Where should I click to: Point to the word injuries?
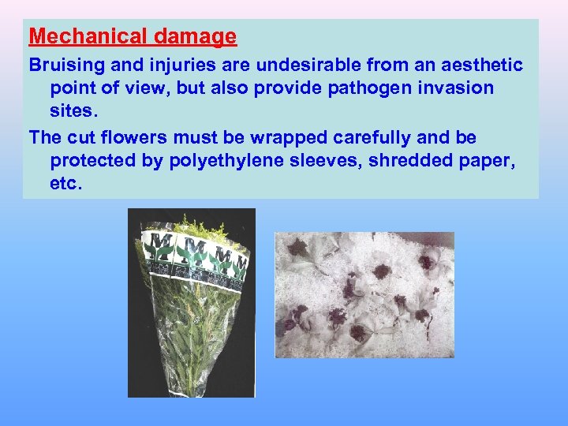(x=175, y=63)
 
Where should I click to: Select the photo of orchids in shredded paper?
(x=364, y=294)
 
